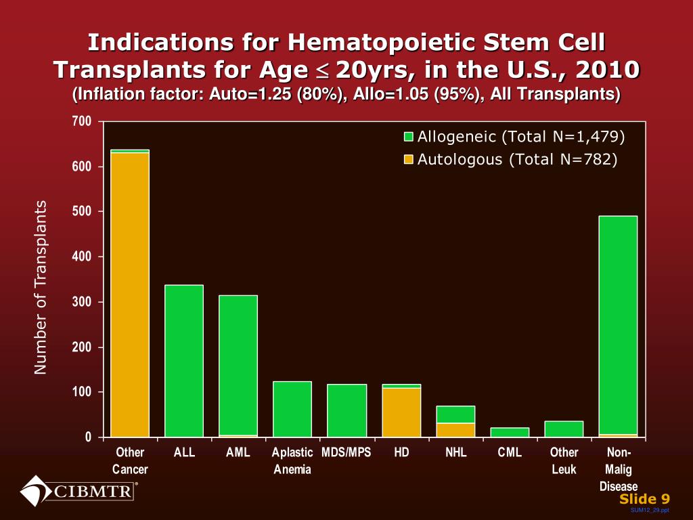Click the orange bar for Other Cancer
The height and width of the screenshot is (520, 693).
coord(130,295)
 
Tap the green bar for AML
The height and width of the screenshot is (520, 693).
coord(238,365)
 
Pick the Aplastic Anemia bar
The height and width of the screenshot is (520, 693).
coord(292,409)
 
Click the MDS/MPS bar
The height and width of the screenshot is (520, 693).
coord(346,410)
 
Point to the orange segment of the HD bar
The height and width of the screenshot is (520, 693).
coord(401,412)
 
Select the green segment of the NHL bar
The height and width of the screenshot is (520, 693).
coord(455,414)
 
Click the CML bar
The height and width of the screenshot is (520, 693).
coord(510,432)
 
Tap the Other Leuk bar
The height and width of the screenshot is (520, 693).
coord(564,429)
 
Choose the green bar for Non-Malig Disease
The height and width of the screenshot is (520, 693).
coord(618,325)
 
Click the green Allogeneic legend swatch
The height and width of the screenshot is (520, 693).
coord(409,137)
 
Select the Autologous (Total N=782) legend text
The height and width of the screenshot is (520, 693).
coord(518,160)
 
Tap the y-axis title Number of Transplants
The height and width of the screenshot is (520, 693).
coord(42,287)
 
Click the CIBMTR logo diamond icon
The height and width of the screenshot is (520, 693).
coord(35,491)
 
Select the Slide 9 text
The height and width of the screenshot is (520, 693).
coord(644,499)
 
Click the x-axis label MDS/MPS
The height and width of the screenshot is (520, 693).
coord(346,453)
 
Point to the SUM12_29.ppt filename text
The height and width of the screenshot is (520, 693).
coord(650,510)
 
